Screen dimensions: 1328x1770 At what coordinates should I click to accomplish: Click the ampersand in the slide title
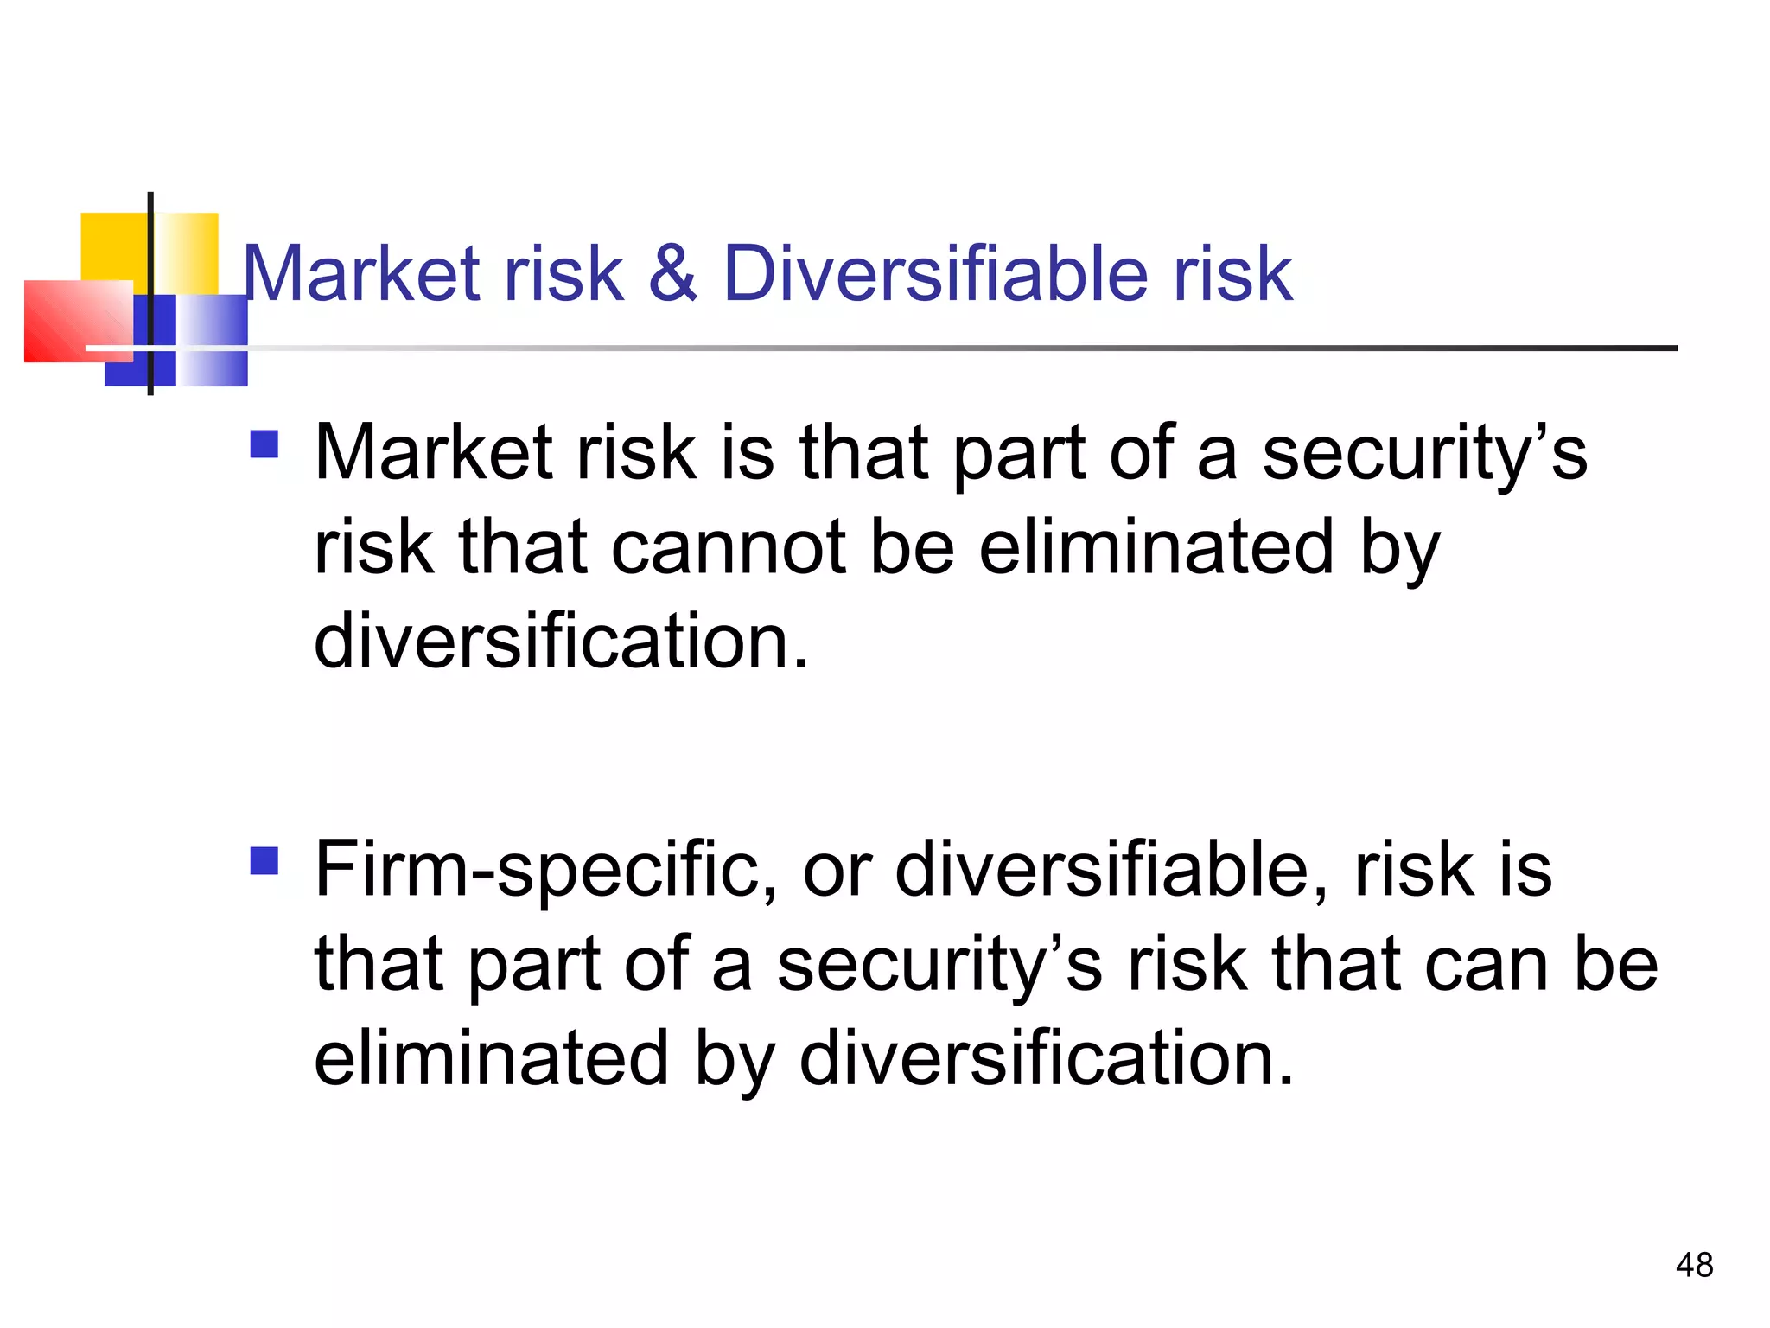click(x=672, y=274)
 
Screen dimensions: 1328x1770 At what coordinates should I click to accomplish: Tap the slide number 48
click(x=1694, y=1265)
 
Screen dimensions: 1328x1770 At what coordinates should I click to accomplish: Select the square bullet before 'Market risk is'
click(x=264, y=444)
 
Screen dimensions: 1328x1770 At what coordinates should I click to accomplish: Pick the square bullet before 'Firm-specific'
click(x=264, y=861)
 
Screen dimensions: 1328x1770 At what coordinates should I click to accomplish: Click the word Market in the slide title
click(x=360, y=274)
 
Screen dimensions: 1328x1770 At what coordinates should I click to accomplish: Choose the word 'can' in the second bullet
click(x=1486, y=964)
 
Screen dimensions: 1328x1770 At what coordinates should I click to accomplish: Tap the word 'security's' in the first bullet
click(x=1424, y=453)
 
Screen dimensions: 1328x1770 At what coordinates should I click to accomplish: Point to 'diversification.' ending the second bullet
click(x=1047, y=1058)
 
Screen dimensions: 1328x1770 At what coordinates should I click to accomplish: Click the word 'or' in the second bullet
click(x=837, y=870)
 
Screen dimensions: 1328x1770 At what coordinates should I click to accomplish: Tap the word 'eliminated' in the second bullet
click(x=491, y=1058)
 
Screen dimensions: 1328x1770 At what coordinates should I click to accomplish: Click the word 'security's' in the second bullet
click(x=939, y=964)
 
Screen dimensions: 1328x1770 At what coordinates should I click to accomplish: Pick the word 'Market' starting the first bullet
click(x=433, y=453)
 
